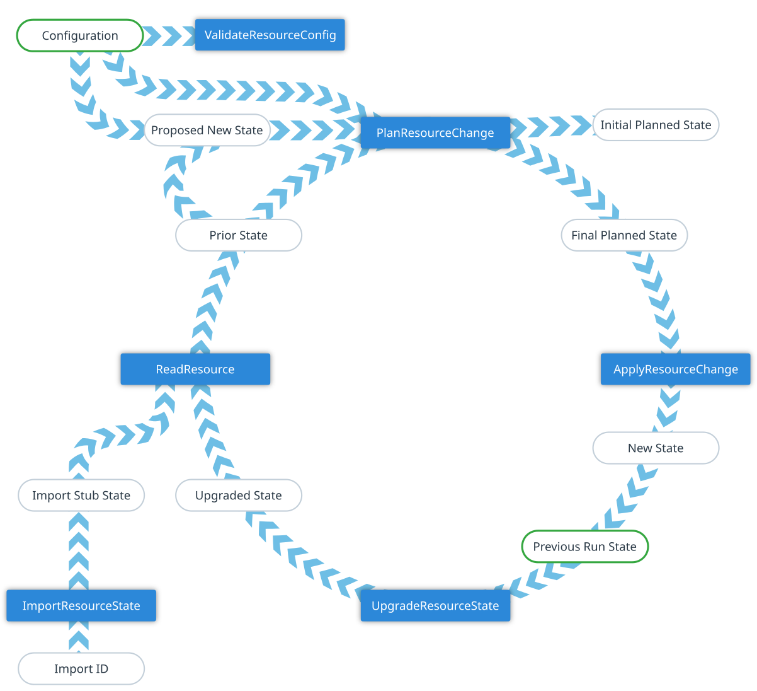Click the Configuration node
(80, 35)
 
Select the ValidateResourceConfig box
(270, 35)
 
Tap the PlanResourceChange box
(435, 132)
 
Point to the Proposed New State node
(207, 131)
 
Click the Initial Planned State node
(656, 125)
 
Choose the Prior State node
(239, 235)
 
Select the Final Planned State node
(624, 235)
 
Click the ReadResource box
(195, 369)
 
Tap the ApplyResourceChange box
(676, 369)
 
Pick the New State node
(656, 448)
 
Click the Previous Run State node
(585, 547)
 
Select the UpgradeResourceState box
(435, 606)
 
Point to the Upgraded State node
(239, 496)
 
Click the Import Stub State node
(81, 496)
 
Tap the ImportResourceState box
(81, 606)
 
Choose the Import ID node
(81, 669)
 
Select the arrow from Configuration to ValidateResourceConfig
(169, 35)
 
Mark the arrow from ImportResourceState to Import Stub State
(79, 550)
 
